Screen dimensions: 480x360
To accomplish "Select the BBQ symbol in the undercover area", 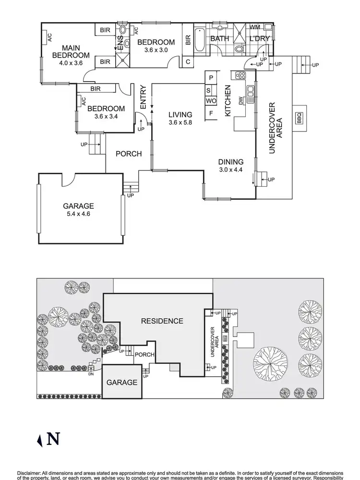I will coord(299,117).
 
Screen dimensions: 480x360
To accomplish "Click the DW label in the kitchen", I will coord(241,100).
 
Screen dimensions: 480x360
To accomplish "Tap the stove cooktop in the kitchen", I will coord(240,75).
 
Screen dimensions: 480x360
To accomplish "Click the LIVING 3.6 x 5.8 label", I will coord(180,119).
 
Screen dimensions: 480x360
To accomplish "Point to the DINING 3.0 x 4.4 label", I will coord(231,166).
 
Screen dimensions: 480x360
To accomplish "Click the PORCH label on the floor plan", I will coord(129,154).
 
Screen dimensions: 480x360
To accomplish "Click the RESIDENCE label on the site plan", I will coord(162,321).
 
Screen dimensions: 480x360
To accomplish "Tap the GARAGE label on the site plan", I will coord(121,383).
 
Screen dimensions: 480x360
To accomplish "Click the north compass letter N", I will coord(54,439).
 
